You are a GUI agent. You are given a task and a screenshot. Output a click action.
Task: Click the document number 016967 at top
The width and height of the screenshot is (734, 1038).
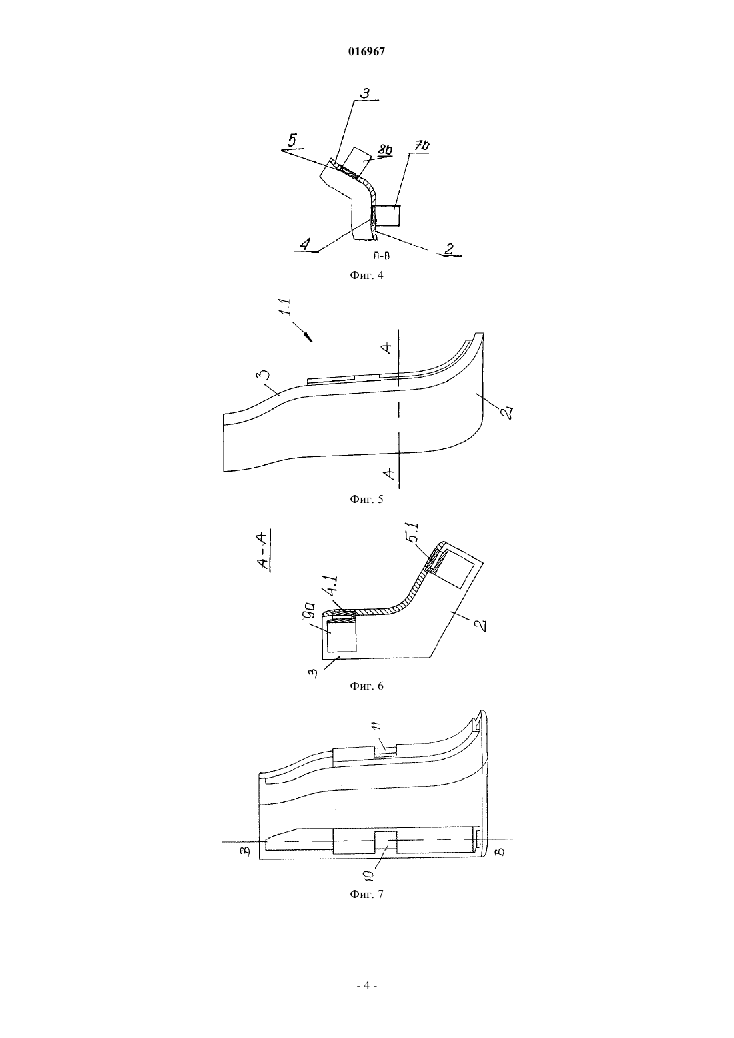click(366, 52)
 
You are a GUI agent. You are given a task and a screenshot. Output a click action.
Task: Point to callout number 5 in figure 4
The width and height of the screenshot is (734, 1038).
click(294, 140)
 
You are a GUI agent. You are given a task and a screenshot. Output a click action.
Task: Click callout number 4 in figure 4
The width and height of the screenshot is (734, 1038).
click(304, 243)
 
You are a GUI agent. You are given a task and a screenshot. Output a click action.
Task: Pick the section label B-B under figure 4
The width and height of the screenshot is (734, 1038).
click(381, 255)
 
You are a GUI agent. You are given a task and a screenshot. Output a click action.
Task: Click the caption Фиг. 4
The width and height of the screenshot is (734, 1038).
click(366, 275)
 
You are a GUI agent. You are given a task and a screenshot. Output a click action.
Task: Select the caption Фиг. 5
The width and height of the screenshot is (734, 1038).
click(366, 499)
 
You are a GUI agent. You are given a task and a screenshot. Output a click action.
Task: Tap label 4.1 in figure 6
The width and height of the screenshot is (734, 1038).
click(333, 585)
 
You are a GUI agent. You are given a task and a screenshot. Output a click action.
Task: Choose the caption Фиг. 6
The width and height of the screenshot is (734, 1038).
click(366, 686)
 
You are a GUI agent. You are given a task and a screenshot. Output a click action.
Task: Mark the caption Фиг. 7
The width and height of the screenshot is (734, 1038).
click(366, 894)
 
